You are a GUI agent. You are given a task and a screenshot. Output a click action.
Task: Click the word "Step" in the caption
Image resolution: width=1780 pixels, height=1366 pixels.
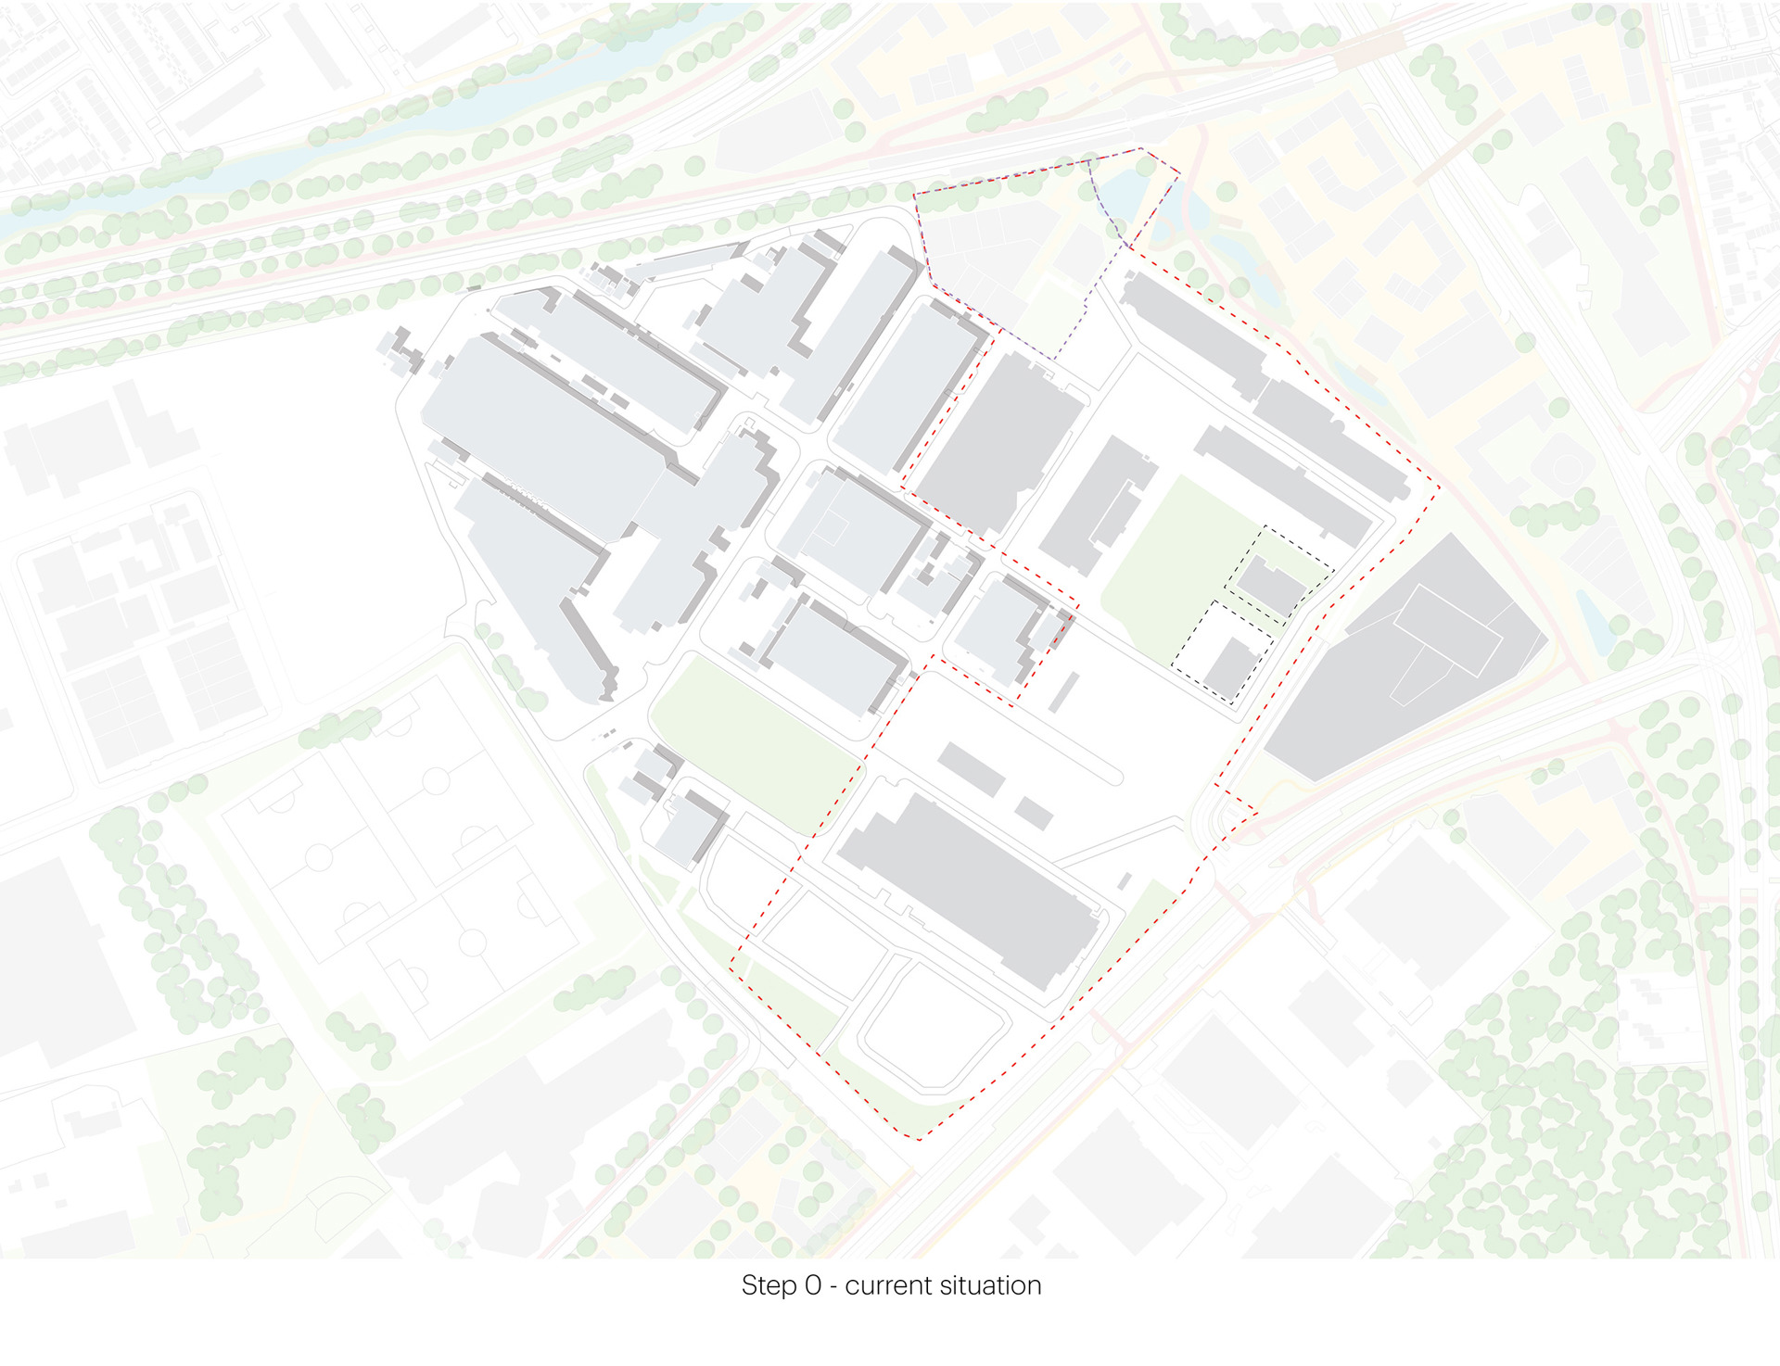point(768,1286)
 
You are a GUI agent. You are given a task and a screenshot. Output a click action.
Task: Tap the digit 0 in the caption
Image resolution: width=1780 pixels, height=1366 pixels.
point(812,1286)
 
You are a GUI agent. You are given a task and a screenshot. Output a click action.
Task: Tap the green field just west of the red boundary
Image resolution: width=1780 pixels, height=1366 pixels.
point(756,741)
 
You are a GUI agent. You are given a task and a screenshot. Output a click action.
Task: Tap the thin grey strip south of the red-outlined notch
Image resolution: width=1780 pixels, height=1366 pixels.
point(1064,692)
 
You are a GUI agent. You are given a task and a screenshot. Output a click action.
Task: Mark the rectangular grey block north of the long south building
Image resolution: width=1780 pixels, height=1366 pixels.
point(971,768)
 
